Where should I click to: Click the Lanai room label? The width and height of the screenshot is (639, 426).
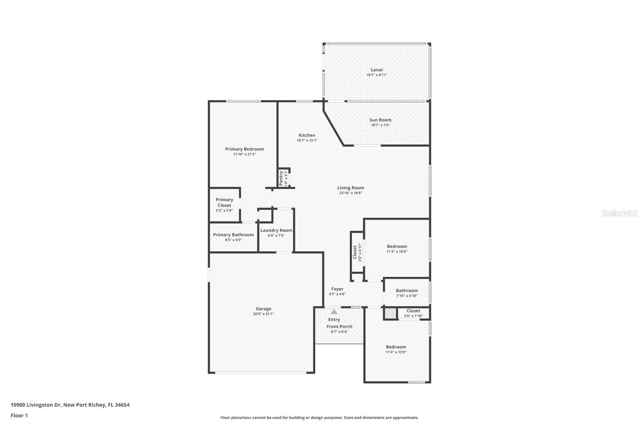(376, 70)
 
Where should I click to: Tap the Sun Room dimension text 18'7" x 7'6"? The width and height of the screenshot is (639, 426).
(380, 125)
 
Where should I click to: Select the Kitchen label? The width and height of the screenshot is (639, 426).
(307, 135)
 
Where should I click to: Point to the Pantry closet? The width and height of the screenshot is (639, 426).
(283, 177)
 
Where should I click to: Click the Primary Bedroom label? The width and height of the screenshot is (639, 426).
(244, 149)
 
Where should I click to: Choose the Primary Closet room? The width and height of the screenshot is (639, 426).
(224, 205)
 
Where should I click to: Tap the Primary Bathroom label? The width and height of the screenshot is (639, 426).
(233, 235)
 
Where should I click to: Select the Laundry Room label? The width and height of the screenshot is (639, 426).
(276, 231)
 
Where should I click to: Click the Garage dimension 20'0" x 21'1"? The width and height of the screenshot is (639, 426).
(263, 314)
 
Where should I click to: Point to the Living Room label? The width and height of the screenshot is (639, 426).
(350, 188)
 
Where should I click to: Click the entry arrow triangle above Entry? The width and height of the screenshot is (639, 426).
(334, 312)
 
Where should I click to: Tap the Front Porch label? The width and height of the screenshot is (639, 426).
(339, 326)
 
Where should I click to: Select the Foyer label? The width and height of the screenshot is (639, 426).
(337, 289)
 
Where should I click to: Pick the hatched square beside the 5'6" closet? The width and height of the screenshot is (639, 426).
(391, 313)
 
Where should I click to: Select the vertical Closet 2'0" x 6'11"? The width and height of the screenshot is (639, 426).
(357, 252)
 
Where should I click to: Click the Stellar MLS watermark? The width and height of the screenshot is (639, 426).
(619, 213)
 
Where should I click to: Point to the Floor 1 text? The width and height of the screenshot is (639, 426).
(19, 416)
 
